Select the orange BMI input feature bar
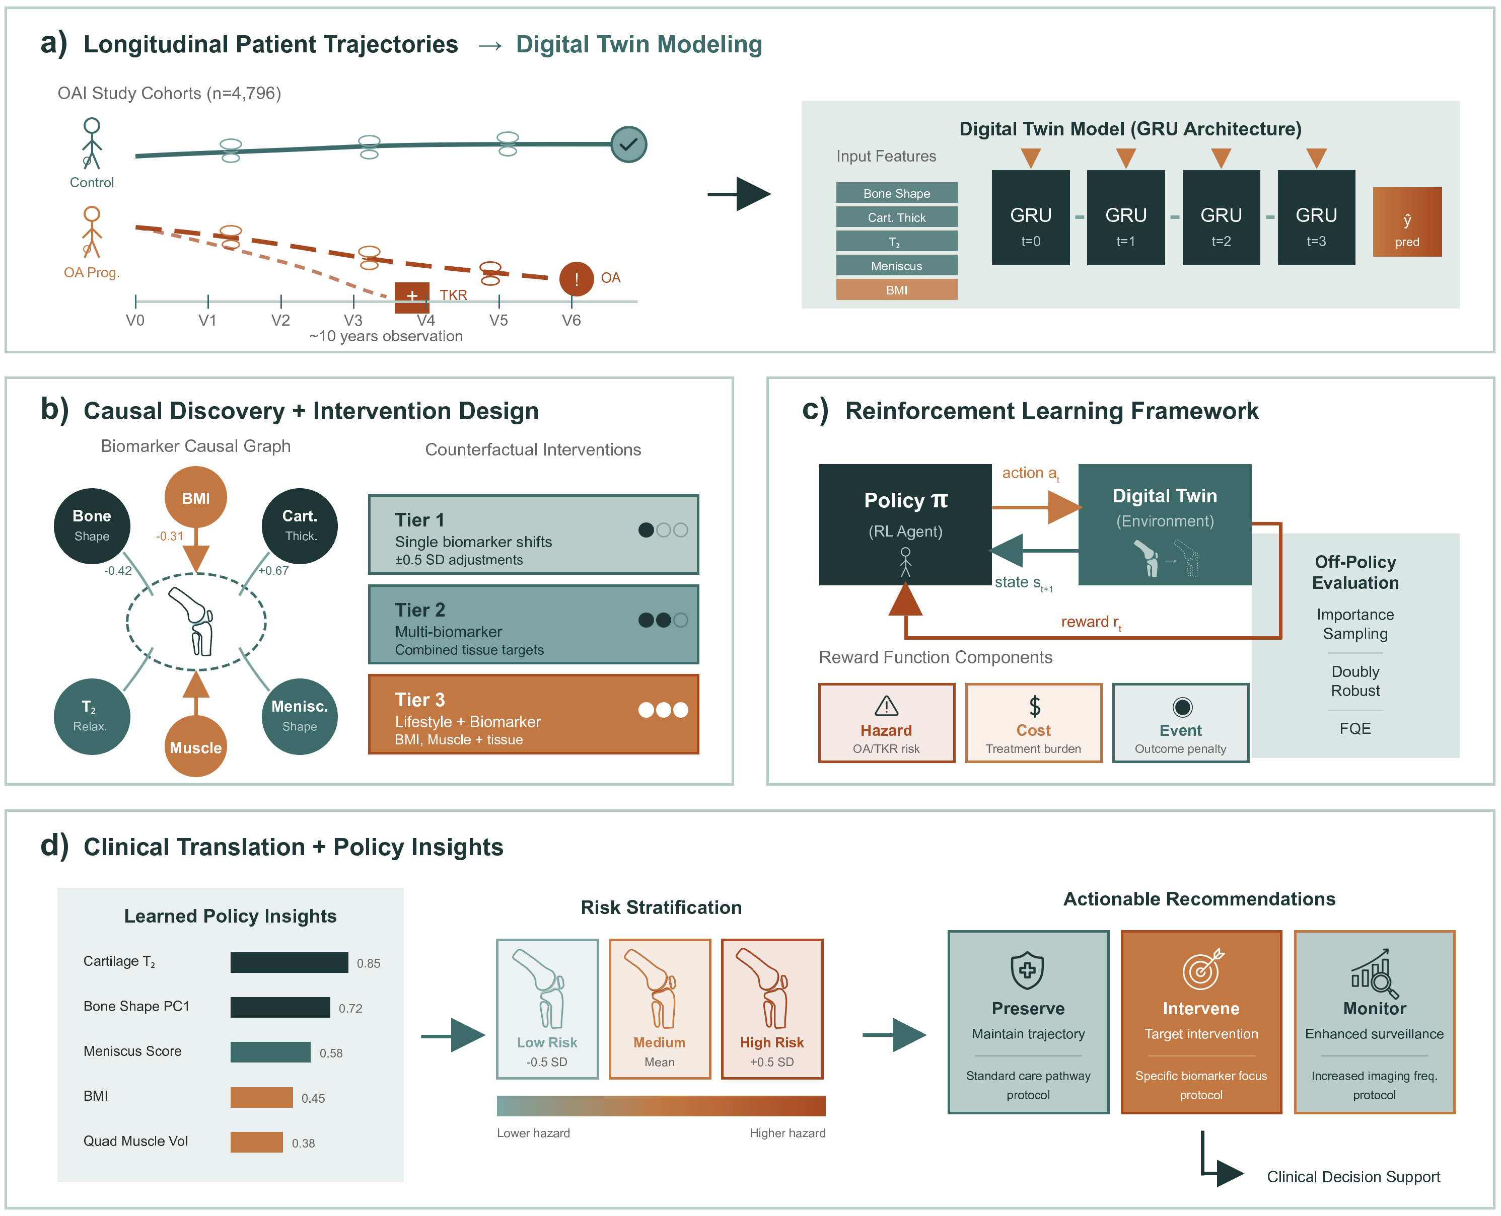[x=896, y=290]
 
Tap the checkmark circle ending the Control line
[x=628, y=144]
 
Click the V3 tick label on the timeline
[x=353, y=320]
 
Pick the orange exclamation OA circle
[x=576, y=279]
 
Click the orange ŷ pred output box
[x=1406, y=222]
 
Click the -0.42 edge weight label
[x=118, y=571]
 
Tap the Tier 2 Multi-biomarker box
[x=533, y=625]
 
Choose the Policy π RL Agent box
[x=905, y=524]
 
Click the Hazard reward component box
[x=886, y=723]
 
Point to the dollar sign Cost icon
[x=1034, y=705]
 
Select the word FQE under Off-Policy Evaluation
[x=1354, y=728]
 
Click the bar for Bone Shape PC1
[x=280, y=1007]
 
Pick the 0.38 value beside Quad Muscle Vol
[x=304, y=1143]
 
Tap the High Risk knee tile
[x=771, y=1009]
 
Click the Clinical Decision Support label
[x=1353, y=1177]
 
